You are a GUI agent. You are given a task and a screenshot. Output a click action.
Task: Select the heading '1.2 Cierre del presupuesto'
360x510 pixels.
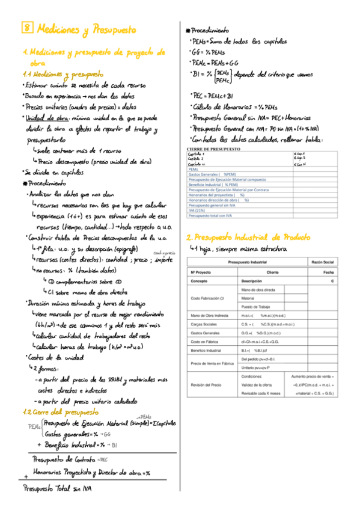[x=60, y=412]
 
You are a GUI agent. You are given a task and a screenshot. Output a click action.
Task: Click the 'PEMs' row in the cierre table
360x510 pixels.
[x=193, y=170]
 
